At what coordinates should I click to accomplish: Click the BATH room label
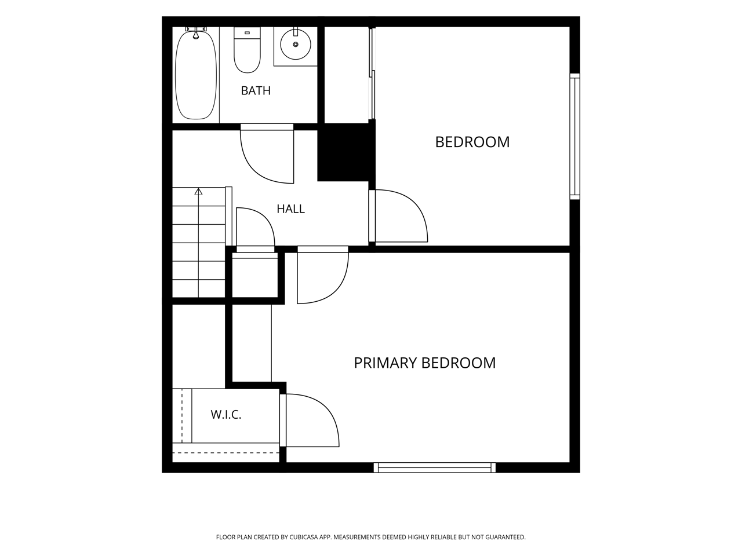pyautogui.click(x=256, y=90)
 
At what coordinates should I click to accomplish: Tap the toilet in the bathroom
pyautogui.click(x=247, y=50)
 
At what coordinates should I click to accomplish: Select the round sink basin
pyautogui.click(x=296, y=45)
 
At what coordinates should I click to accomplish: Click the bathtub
pyautogui.click(x=196, y=74)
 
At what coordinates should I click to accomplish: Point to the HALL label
pyautogui.click(x=291, y=209)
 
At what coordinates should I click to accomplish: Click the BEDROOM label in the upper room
pyautogui.click(x=472, y=142)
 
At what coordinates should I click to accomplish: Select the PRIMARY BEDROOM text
pyautogui.click(x=424, y=363)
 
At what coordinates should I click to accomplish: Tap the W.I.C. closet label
pyautogui.click(x=226, y=415)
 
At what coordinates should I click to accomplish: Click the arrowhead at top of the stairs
pyautogui.click(x=198, y=191)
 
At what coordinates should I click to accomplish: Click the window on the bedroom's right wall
pyautogui.click(x=574, y=136)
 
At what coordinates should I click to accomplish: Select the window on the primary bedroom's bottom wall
pyautogui.click(x=434, y=467)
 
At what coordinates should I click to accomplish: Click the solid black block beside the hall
pyautogui.click(x=346, y=152)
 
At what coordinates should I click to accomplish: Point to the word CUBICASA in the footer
pyautogui.click(x=304, y=537)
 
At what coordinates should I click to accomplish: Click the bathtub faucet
pyautogui.click(x=196, y=33)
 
